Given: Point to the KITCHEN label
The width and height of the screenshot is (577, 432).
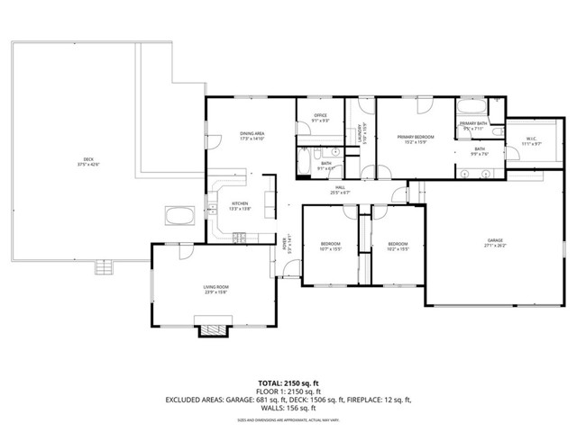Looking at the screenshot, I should [x=240, y=205].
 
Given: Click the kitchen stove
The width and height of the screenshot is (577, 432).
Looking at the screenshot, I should [x=240, y=238].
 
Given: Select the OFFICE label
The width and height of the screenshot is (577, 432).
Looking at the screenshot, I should [x=319, y=117].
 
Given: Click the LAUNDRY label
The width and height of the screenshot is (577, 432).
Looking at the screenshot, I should [x=362, y=134].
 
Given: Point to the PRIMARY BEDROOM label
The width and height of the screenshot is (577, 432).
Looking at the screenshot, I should [x=416, y=139].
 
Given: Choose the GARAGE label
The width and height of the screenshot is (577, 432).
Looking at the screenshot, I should [x=495, y=241].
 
